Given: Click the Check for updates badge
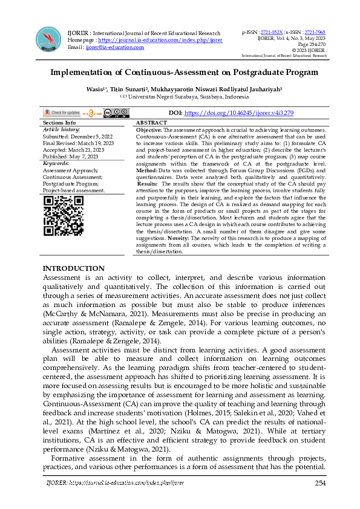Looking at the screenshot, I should [x=62, y=112].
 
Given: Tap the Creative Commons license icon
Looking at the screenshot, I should [x=116, y=112].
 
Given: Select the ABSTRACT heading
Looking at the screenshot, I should [x=152, y=123].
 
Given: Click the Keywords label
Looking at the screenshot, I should [x=56, y=163].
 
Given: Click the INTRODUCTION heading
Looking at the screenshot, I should [x=73, y=268].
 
